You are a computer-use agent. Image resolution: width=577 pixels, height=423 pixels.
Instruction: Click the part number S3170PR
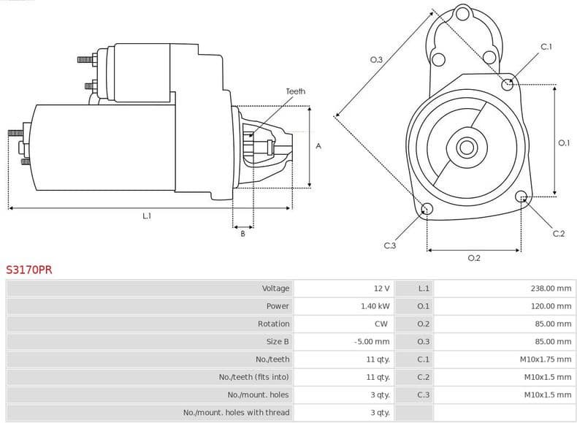point(29,270)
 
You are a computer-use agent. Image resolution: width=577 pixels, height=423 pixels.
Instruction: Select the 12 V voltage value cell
point(381,289)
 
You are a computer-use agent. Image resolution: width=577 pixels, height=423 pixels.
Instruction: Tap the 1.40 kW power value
point(375,306)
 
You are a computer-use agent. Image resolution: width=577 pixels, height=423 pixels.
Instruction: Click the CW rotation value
point(383,324)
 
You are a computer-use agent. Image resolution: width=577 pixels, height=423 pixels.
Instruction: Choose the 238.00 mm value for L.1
point(551,289)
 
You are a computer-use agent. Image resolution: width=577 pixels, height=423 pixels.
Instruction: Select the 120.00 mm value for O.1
point(551,306)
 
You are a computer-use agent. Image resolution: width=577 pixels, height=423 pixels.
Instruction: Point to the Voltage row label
point(275,289)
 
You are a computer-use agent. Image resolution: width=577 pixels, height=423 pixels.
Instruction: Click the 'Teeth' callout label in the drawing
point(296,91)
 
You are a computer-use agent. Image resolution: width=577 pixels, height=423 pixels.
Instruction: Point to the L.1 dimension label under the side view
point(147,216)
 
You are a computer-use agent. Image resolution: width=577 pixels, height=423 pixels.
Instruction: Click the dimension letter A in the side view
point(318,146)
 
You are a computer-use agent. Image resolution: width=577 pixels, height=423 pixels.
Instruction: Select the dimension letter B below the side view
point(242,234)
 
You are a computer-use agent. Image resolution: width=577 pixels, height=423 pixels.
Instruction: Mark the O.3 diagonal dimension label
point(376,60)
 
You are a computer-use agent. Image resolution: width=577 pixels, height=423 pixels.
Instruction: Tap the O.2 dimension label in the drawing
point(473,258)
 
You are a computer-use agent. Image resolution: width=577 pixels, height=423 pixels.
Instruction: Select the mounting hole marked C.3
point(427,210)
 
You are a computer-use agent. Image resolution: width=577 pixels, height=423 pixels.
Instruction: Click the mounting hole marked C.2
point(521,197)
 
